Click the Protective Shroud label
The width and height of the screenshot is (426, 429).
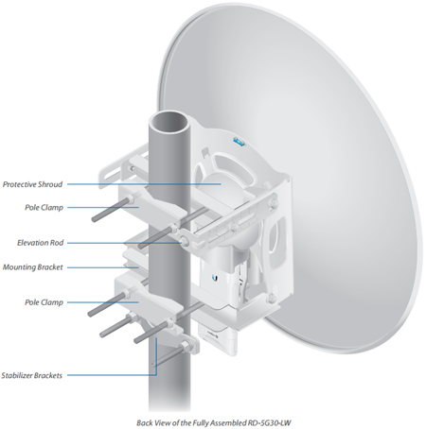point(32,184)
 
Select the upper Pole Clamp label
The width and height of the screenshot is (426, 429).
point(44,208)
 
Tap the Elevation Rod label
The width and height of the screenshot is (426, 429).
point(40,243)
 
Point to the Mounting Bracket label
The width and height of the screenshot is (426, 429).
point(32,267)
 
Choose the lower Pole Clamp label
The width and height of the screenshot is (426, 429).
point(44,302)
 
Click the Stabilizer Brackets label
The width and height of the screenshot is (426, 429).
point(31,375)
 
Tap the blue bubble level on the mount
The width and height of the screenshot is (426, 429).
point(239,142)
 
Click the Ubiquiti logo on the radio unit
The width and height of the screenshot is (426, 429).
point(216,278)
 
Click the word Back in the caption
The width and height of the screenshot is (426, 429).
point(143,422)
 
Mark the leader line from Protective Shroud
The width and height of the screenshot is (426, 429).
point(144,184)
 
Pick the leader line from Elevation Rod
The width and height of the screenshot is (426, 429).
point(124,243)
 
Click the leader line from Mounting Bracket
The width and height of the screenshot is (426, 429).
point(103,267)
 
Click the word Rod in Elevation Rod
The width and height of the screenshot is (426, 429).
point(57,243)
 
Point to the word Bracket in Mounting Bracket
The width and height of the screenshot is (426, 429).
point(50,267)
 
